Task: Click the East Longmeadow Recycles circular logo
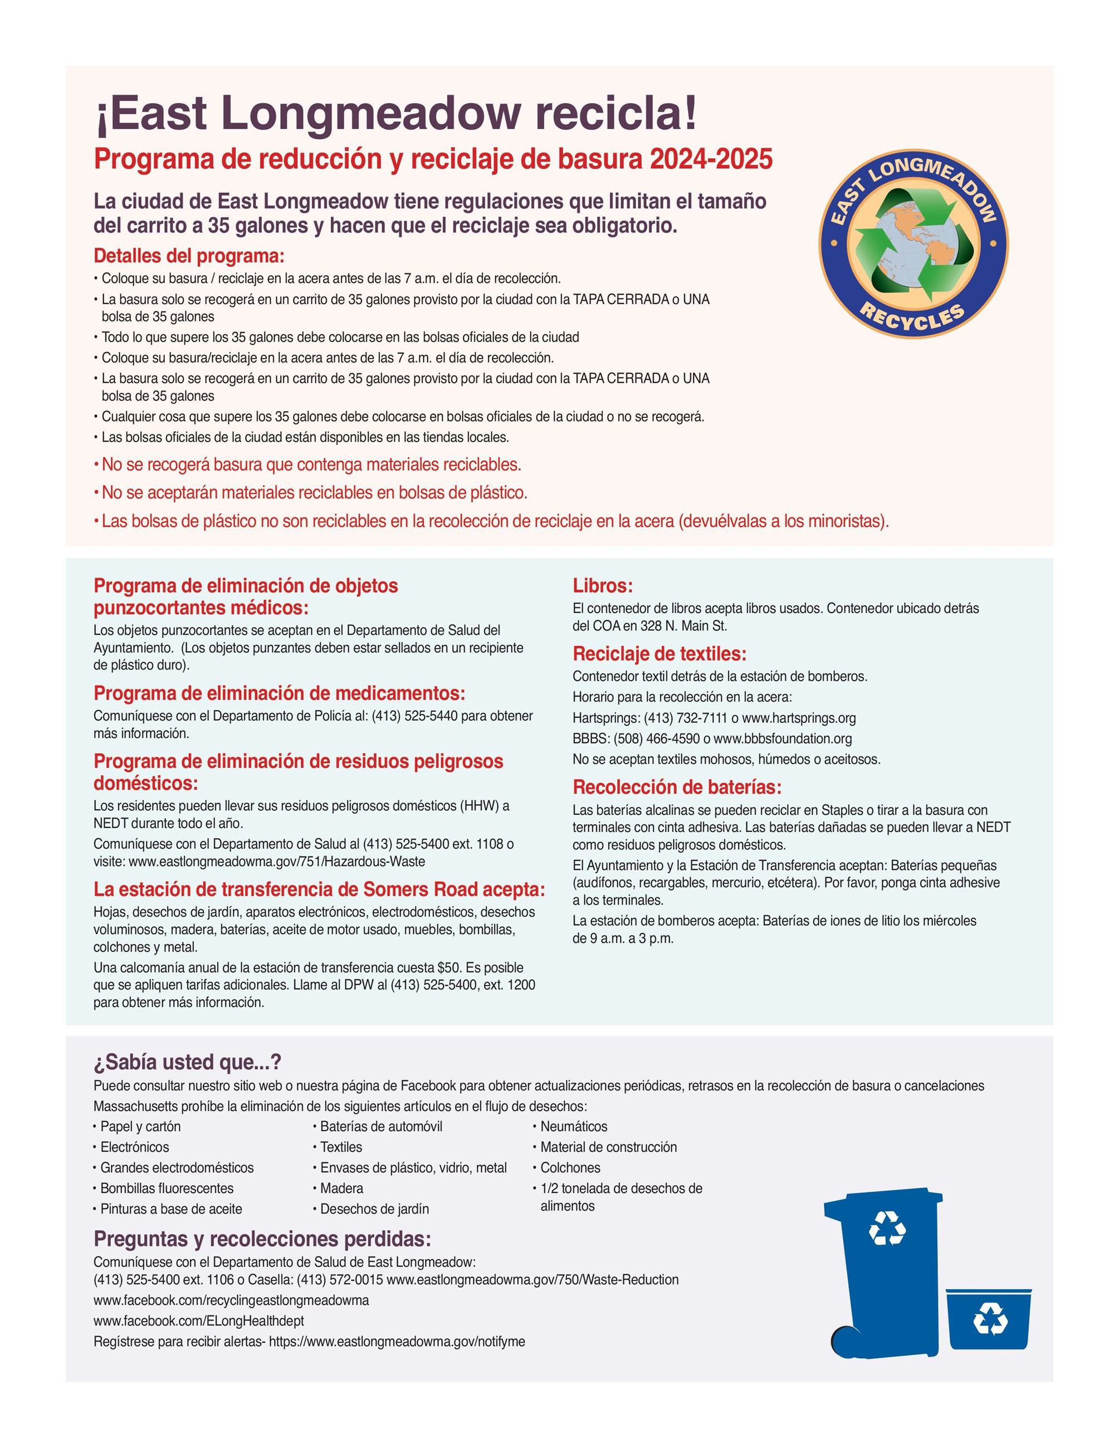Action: [913, 243]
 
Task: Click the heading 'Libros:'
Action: [603, 586]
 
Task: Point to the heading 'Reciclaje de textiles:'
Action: [659, 654]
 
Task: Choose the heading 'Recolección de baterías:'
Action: [677, 787]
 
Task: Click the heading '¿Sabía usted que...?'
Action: [188, 1062]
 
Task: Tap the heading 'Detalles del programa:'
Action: [189, 256]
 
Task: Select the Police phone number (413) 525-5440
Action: [414, 716]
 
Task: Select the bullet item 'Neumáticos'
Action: [573, 1127]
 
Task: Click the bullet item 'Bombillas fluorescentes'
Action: [167, 1188]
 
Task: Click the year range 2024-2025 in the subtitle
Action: [711, 160]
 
